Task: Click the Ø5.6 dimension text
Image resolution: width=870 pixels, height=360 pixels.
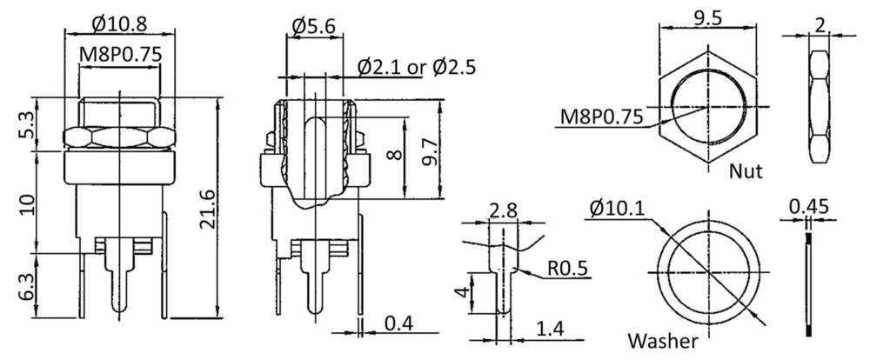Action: click(313, 27)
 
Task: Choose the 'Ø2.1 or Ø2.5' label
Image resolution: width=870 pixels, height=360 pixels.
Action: click(417, 66)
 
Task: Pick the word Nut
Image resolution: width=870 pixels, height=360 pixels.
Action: click(746, 171)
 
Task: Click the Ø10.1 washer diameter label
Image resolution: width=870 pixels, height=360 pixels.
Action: click(615, 210)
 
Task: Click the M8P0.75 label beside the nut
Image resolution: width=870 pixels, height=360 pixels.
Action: click(596, 116)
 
